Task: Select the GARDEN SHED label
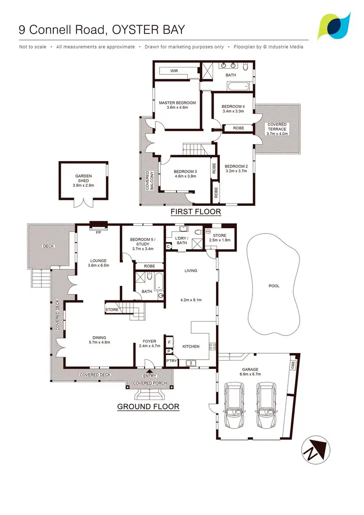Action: pyautogui.click(x=83, y=178)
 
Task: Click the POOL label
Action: pyautogui.click(x=274, y=286)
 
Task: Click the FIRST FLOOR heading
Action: pyautogui.click(x=196, y=212)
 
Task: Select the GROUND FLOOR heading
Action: pyautogui.click(x=149, y=407)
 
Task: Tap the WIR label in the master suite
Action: pyautogui.click(x=174, y=71)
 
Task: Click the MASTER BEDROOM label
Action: pyautogui.click(x=177, y=102)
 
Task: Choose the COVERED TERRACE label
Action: pyautogui.click(x=277, y=127)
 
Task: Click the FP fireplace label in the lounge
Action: pyautogui.click(x=99, y=232)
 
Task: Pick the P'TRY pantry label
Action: pyautogui.click(x=171, y=361)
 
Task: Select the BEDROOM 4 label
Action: pyautogui.click(x=233, y=106)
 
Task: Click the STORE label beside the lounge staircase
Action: pyautogui.click(x=112, y=309)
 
